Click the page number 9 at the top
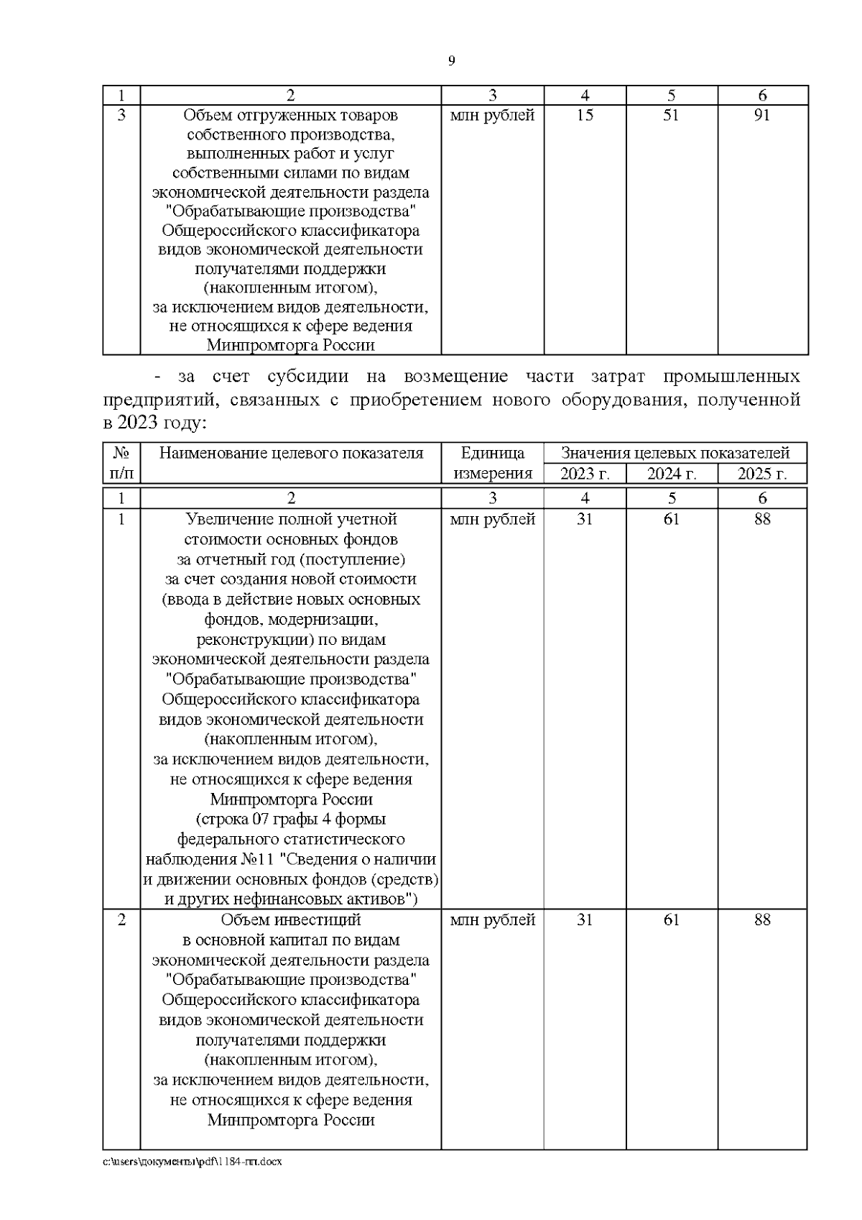451,61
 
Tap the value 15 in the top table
585,115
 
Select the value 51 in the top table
670,115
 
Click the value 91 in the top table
762,115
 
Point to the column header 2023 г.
585,474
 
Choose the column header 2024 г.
671,474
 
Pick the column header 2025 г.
762,474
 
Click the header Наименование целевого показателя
291,453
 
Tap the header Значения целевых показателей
675,453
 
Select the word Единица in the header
492,453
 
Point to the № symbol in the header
121,453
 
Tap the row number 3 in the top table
121,115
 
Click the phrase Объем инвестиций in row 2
291,920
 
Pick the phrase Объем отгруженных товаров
291,115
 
